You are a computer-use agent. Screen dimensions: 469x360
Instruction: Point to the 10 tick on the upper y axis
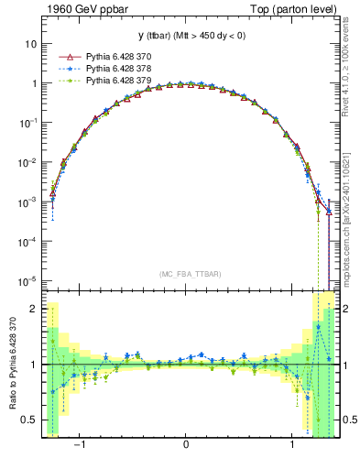point(31,43)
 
